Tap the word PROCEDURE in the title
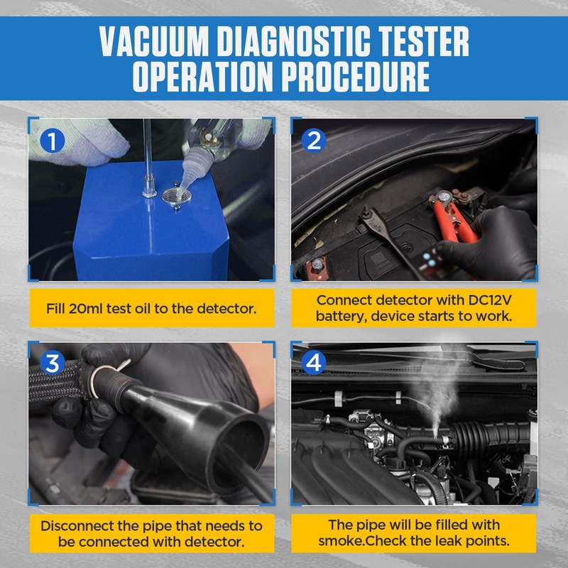pos(356,76)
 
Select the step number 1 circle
pos(52,141)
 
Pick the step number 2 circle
pos(314,141)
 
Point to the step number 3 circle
pos(52,363)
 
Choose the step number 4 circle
pos(314,363)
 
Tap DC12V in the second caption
pos(490,300)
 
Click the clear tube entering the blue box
pos(148,152)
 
